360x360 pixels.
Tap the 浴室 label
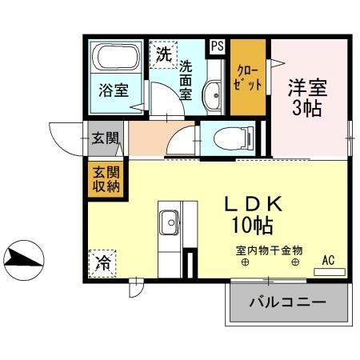(x=114, y=90)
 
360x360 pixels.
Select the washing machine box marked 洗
(x=163, y=55)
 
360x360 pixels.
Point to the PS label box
(x=217, y=46)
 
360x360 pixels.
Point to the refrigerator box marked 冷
(x=102, y=264)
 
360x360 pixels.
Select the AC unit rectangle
(x=329, y=272)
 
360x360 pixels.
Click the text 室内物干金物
(x=269, y=249)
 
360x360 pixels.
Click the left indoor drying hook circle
(x=245, y=262)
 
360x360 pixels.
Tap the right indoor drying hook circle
(x=295, y=262)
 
